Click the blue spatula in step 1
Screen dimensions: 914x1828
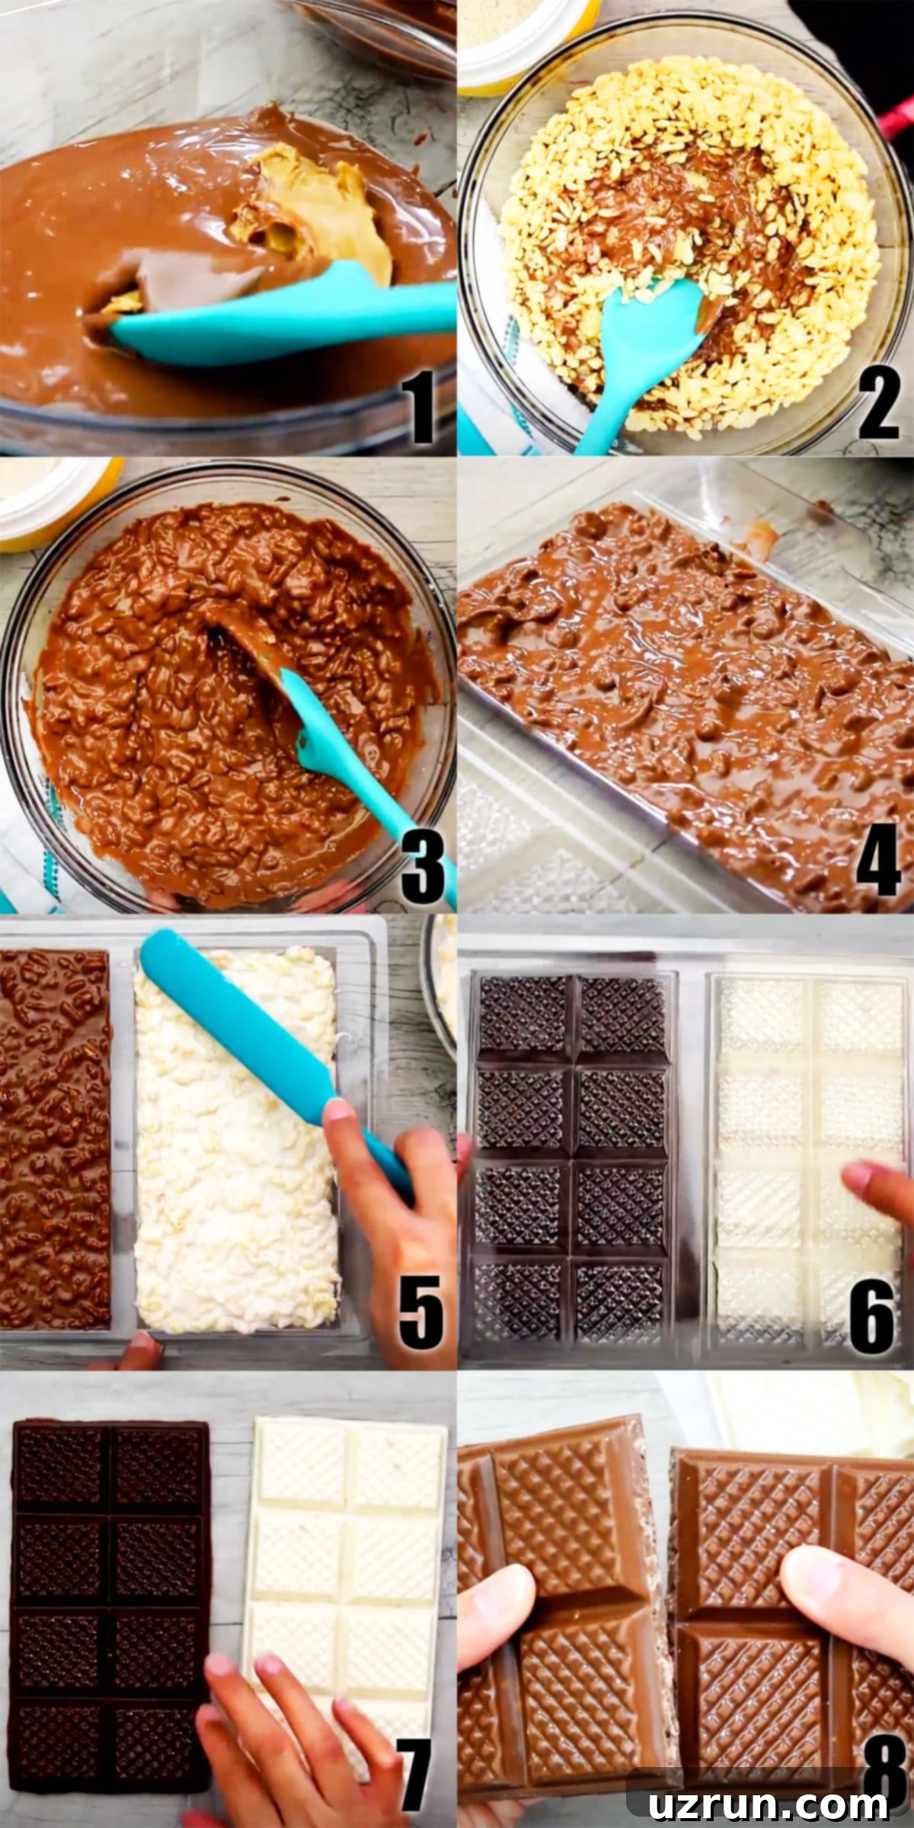(x=282, y=312)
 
